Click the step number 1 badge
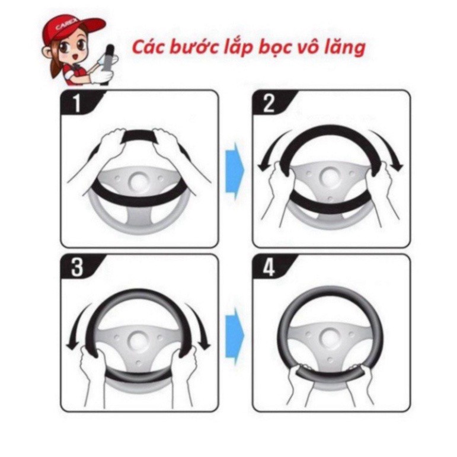click(76, 103)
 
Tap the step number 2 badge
click(269, 103)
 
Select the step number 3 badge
click(76, 267)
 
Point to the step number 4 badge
click(269, 267)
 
